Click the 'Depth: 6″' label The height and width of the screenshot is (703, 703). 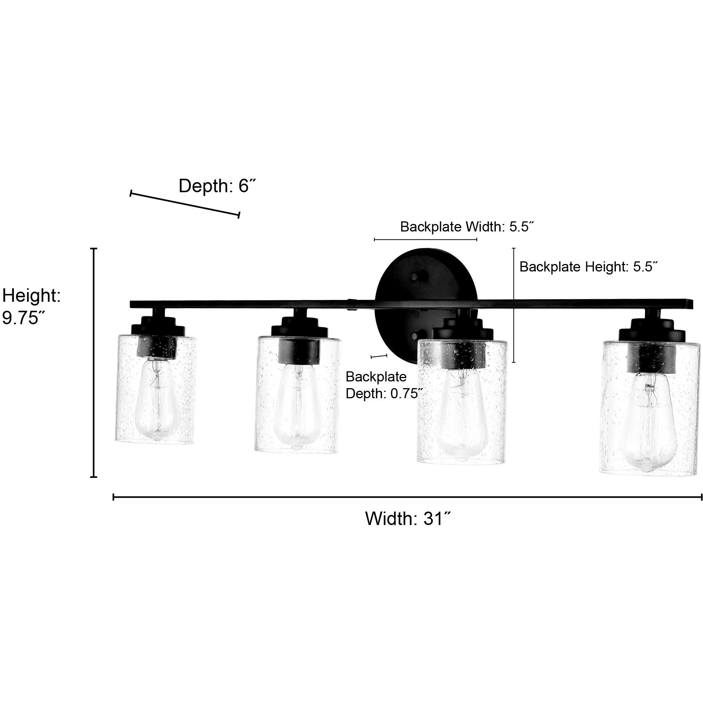(218, 186)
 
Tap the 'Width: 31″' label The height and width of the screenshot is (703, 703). (408, 519)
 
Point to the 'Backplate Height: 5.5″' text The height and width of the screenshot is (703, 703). (589, 267)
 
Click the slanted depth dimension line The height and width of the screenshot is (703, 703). (185, 204)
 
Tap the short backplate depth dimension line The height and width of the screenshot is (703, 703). (378, 356)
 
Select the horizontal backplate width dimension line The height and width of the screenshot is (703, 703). (425, 239)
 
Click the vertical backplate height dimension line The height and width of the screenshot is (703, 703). (514, 305)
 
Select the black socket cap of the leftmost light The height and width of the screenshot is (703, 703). (157, 346)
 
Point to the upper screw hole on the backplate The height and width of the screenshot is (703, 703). (414, 276)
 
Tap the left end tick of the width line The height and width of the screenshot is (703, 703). (113, 497)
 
